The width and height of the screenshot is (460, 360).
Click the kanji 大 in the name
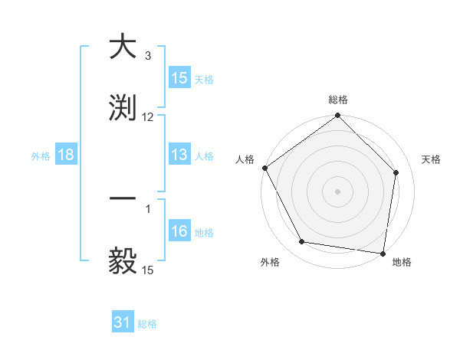point(123,47)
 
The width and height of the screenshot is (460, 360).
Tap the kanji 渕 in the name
point(123,107)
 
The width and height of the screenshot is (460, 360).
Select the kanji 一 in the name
point(123,198)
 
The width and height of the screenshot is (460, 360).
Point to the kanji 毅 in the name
point(123,260)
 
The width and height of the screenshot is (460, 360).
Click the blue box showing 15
point(179,78)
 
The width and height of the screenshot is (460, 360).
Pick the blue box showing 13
point(179,155)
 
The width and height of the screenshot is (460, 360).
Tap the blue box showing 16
point(179,232)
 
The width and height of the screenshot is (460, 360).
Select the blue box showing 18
point(66,155)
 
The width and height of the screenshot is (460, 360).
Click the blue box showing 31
point(123,323)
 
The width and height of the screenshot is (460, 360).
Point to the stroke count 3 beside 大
point(148,56)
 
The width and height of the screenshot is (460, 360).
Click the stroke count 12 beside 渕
point(148,116)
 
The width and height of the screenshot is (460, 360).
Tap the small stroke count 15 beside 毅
point(148,270)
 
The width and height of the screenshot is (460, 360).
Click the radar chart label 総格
point(337,100)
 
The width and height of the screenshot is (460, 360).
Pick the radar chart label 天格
point(432,159)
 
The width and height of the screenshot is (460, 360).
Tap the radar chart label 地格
point(402,262)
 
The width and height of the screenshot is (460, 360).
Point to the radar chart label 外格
point(270,262)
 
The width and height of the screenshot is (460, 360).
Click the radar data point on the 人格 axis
point(264,168)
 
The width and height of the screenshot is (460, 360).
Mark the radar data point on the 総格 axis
point(337,116)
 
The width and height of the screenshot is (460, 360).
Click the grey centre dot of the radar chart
point(337,191)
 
